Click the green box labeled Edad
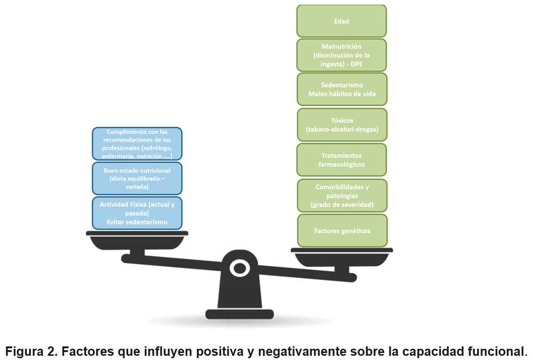[x=341, y=21]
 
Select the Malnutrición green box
[x=341, y=55]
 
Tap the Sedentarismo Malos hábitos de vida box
[x=341, y=89]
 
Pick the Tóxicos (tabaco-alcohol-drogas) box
[x=341, y=124]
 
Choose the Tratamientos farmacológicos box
[x=341, y=160]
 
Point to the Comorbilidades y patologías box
[x=341, y=195]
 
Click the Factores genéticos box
[x=341, y=230]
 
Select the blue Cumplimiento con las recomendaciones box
[x=137, y=144]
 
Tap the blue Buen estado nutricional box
[x=137, y=178]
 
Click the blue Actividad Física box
[x=137, y=213]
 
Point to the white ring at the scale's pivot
[x=239, y=268]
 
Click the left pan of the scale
[x=137, y=241]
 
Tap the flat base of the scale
[x=239, y=314]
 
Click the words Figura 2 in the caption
[x=32, y=351]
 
